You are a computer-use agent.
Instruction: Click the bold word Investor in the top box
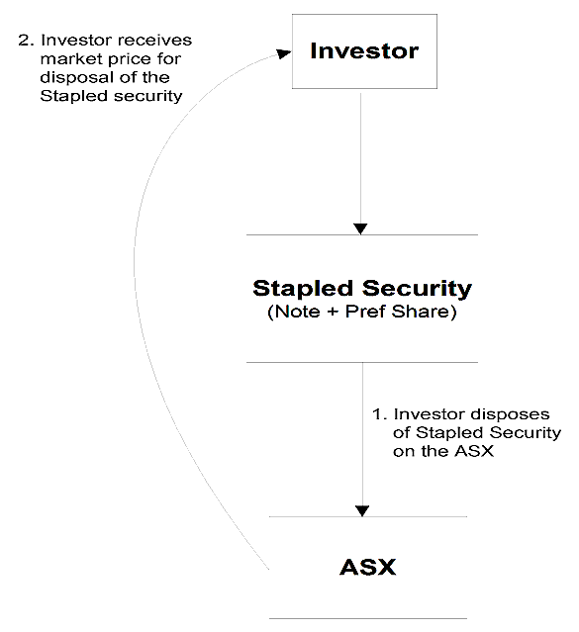click(x=364, y=51)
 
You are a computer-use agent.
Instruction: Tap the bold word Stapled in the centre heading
click(x=303, y=289)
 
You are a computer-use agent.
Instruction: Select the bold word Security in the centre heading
click(x=417, y=289)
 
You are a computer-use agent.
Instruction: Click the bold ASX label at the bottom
click(x=368, y=567)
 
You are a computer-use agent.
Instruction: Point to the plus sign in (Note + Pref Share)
click(x=333, y=312)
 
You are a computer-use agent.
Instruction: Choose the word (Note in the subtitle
click(x=294, y=312)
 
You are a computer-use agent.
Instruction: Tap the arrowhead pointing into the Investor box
click(x=284, y=53)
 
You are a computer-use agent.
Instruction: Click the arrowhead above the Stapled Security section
click(x=360, y=228)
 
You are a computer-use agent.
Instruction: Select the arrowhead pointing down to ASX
click(x=362, y=510)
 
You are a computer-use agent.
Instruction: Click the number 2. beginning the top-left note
click(x=26, y=41)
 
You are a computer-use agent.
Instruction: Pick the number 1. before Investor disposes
click(x=380, y=414)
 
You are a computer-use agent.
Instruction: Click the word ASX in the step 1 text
click(x=474, y=451)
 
